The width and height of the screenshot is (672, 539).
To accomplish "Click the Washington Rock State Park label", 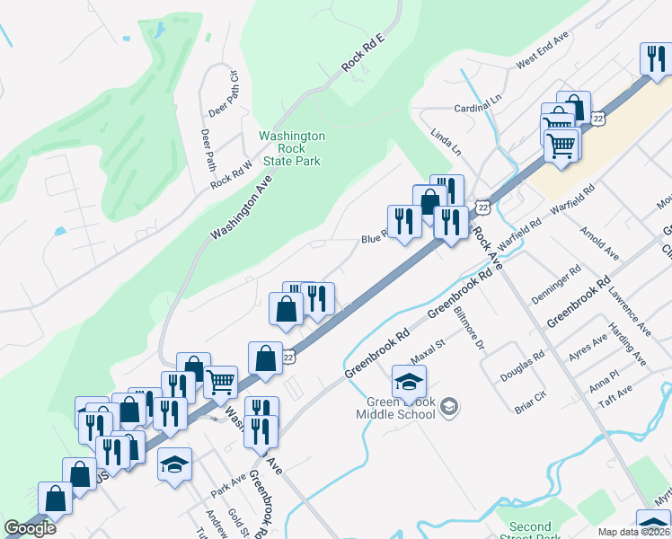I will click(291, 148).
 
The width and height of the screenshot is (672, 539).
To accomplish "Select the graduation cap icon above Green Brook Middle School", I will click(409, 381).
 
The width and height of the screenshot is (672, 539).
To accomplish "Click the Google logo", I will click(30, 528).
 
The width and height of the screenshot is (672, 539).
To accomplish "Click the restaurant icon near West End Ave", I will click(653, 58).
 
